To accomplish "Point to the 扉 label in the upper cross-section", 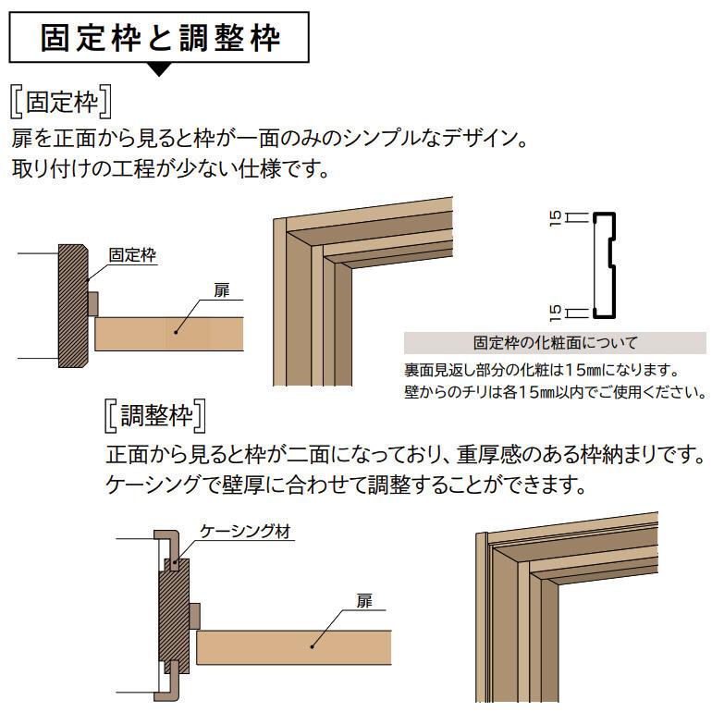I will point(221,290).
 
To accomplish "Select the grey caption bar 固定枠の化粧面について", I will point(555,343).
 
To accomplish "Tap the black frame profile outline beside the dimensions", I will point(606,265).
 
